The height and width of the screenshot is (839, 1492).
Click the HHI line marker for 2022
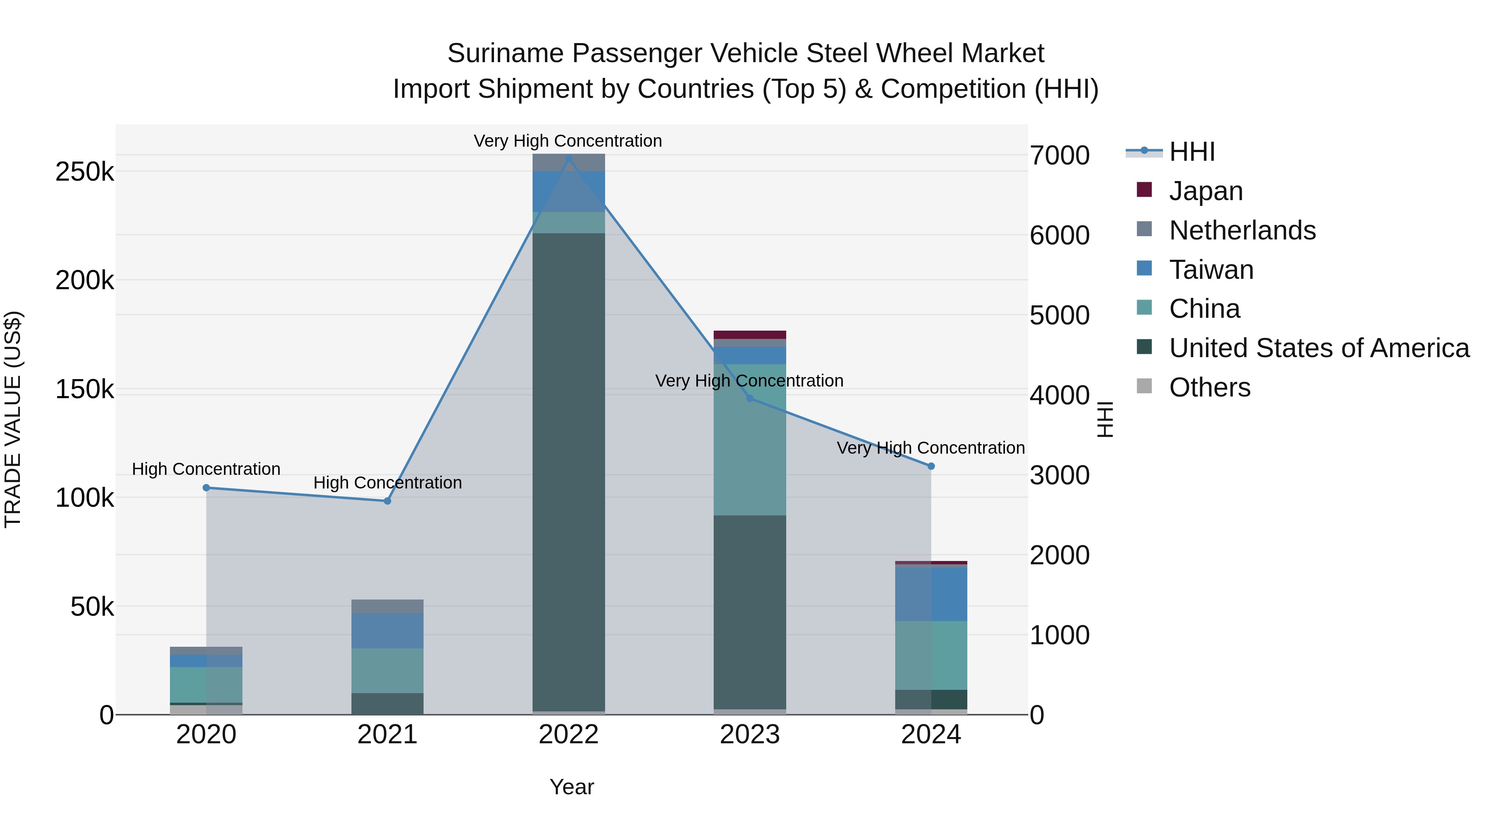click(568, 158)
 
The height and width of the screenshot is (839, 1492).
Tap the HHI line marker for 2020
click(206, 488)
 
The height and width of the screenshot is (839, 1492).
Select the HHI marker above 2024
click(931, 466)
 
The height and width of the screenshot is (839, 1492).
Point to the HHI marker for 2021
click(388, 501)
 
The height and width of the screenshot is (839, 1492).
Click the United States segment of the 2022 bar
click(568, 472)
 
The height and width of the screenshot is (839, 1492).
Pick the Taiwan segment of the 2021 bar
click(388, 631)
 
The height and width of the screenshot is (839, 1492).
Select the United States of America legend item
click(1319, 348)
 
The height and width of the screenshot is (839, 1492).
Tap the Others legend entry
click(1209, 387)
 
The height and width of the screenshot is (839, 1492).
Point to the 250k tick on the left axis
click(85, 172)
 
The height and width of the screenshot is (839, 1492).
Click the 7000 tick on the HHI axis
click(1059, 155)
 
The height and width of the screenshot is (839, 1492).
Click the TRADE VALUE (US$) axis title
click(13, 419)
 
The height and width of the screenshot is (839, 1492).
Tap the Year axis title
click(571, 787)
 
